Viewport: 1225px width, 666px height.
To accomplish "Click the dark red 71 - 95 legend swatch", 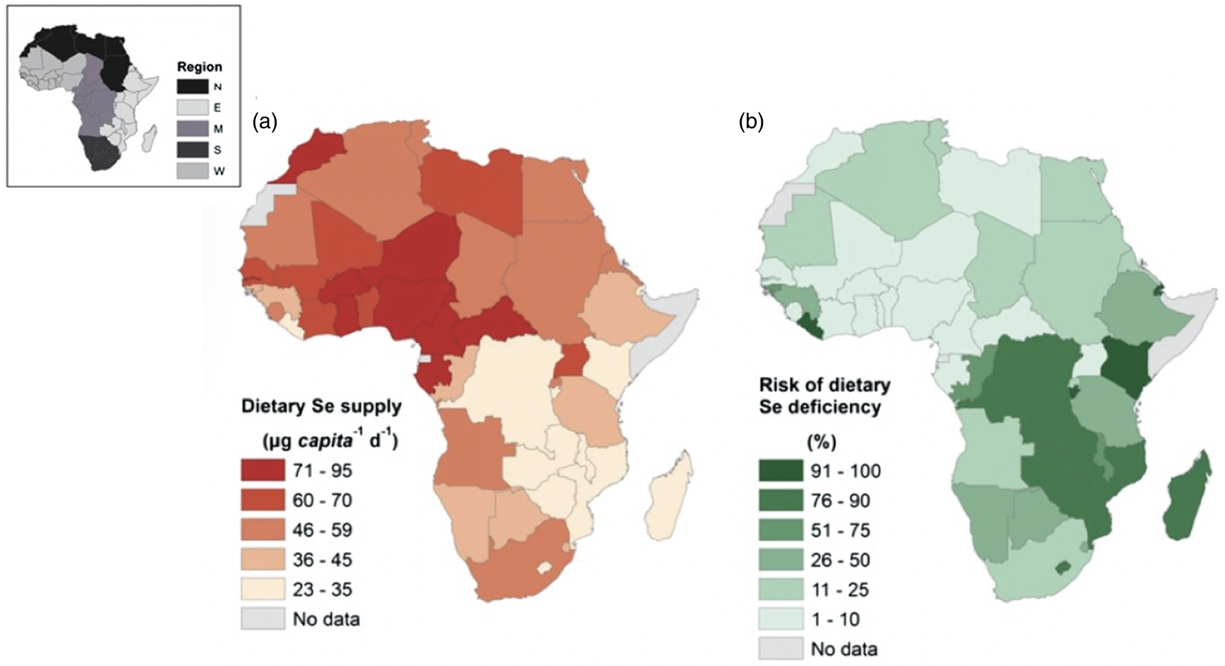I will coord(262,471).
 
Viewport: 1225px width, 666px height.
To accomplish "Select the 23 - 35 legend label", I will coord(322,589).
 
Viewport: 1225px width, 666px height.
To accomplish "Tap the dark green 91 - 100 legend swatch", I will coord(780,471).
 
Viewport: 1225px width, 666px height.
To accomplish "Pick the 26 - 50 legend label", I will coord(840,560).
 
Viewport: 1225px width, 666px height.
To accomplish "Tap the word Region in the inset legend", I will coord(199,67).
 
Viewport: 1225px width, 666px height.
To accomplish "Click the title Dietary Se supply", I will coord(321,407).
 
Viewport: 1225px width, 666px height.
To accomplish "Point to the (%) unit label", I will coord(821,442).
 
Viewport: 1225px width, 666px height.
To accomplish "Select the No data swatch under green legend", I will coord(780,649).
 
